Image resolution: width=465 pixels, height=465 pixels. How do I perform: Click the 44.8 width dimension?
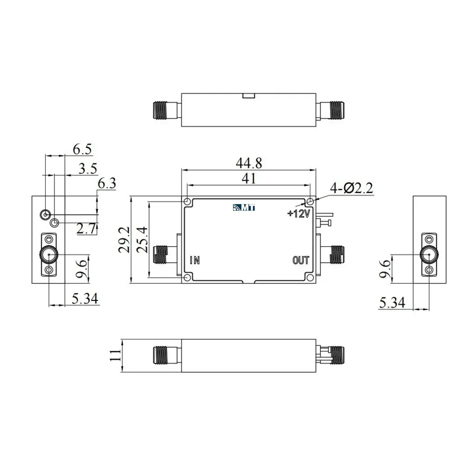click(249, 163)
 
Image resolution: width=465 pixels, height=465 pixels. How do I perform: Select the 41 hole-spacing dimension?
click(249, 179)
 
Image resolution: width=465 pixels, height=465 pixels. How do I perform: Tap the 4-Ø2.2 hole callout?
click(352, 188)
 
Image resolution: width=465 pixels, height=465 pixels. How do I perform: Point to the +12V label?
click(299, 213)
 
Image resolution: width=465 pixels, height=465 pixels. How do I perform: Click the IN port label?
click(195, 260)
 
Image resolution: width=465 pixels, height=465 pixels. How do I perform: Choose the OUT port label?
click(301, 260)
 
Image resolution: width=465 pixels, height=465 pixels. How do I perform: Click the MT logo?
click(244, 207)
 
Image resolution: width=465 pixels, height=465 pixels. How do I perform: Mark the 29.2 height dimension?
click(124, 239)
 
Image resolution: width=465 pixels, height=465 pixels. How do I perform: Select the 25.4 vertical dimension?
click(142, 239)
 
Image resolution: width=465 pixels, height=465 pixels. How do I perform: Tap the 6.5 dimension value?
click(82, 149)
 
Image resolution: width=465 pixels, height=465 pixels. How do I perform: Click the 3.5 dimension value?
click(88, 169)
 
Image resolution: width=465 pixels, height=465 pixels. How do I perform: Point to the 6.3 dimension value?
click(107, 184)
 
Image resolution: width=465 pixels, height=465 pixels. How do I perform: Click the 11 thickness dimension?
click(115, 355)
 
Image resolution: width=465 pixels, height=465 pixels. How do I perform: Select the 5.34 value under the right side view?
click(392, 303)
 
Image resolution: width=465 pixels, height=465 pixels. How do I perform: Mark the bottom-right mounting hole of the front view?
click(310, 278)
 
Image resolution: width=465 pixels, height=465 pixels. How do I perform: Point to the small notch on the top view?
click(248, 96)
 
